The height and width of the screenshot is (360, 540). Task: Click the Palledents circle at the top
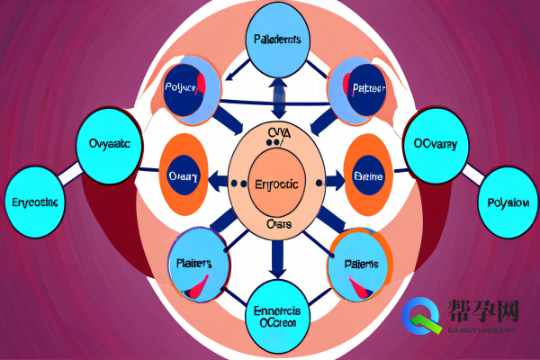pyautogui.click(x=277, y=40)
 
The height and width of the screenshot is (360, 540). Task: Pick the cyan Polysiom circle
pyautogui.click(x=507, y=202)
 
